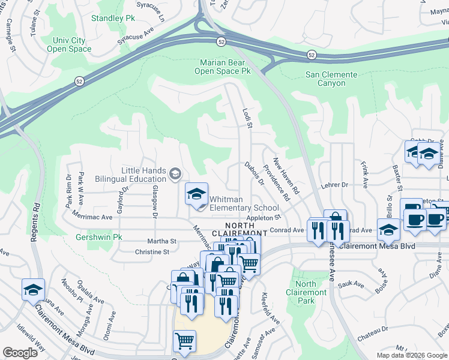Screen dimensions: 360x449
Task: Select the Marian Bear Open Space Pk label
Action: (x=222, y=67)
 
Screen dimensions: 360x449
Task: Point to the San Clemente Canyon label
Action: (x=331, y=79)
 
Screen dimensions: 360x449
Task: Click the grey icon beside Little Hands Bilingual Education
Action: (x=175, y=175)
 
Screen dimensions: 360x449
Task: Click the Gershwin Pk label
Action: (x=99, y=237)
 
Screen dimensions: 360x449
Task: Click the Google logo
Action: (x=20, y=353)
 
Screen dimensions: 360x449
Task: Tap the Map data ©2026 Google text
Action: (x=411, y=355)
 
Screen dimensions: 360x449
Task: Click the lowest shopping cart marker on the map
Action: (x=184, y=341)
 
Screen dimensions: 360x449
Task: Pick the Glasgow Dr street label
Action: (x=154, y=201)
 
